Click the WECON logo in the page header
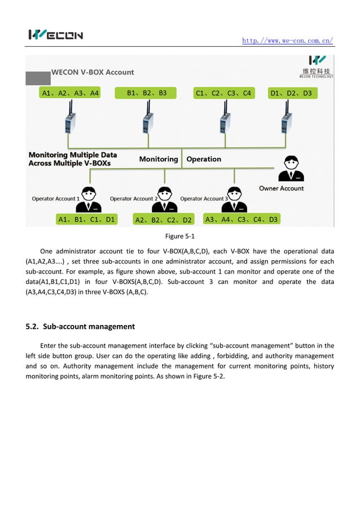(55, 35)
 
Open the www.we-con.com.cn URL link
(287, 41)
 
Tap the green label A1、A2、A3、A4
(71, 93)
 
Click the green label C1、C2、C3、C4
(223, 93)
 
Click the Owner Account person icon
(291, 169)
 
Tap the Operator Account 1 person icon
(89, 199)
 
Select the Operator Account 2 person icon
(164, 199)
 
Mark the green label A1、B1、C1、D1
(86, 220)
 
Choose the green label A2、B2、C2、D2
(164, 220)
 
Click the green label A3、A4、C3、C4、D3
(242, 219)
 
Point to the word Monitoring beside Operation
(159, 159)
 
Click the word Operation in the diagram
(204, 159)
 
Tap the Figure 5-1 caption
(179, 236)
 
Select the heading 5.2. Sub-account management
(81, 326)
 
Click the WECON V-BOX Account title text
(93, 72)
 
